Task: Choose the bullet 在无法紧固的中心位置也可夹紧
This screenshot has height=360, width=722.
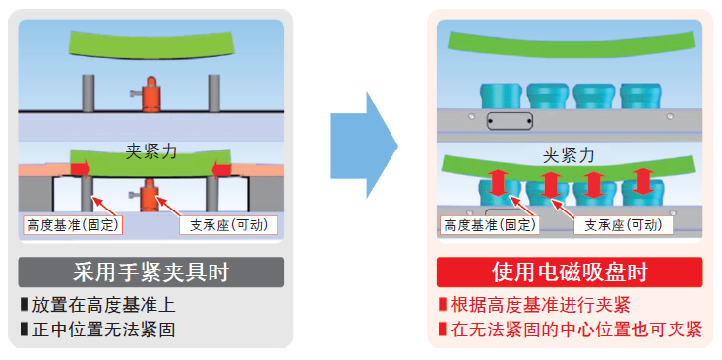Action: [570, 330]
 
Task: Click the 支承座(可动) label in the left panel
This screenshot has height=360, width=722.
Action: [228, 226]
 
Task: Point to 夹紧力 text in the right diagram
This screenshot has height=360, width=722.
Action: [570, 155]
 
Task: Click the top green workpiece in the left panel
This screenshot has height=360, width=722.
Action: [150, 44]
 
